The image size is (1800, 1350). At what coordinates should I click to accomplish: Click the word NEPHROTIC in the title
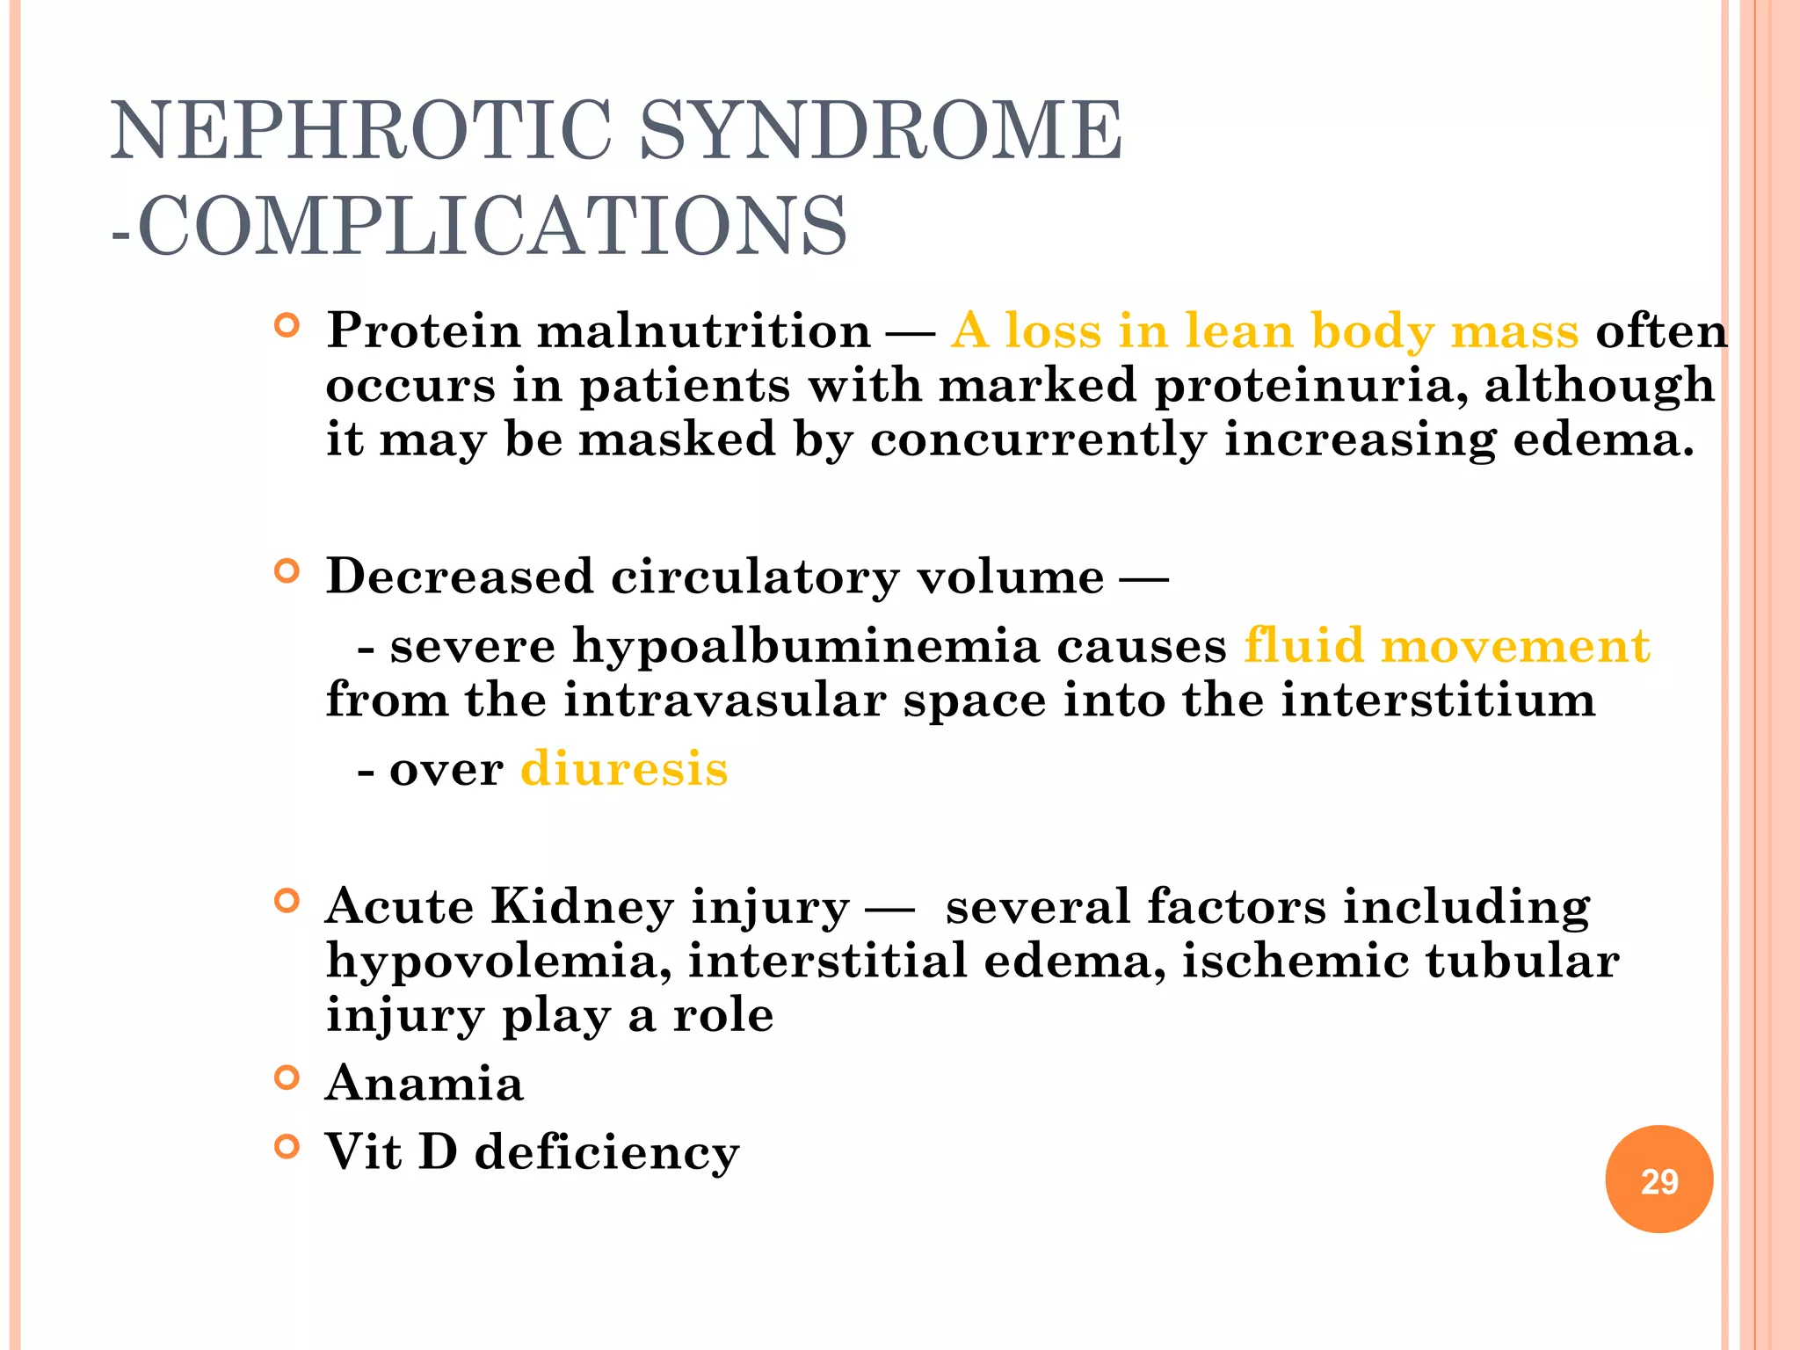(x=361, y=132)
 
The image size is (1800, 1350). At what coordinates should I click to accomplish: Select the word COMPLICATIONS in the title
(x=492, y=226)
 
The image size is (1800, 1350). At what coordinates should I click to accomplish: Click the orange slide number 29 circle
(x=1658, y=1179)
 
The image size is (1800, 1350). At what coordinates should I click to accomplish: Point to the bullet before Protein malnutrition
(x=287, y=327)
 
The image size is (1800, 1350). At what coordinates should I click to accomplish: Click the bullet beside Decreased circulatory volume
(x=287, y=572)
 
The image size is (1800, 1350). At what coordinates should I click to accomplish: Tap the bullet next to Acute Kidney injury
(x=287, y=902)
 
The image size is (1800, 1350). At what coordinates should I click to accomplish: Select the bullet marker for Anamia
(x=287, y=1078)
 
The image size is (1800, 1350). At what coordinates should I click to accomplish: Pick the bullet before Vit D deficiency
(x=287, y=1146)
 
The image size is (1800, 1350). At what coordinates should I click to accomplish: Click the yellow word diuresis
(x=624, y=769)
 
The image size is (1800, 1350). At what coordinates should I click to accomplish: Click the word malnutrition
(x=704, y=331)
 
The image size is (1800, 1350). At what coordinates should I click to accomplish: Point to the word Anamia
(x=425, y=1083)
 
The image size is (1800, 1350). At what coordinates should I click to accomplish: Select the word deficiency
(x=607, y=1152)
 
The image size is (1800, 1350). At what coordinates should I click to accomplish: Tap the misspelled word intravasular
(x=725, y=700)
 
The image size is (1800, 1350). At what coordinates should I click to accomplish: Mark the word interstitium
(x=1438, y=700)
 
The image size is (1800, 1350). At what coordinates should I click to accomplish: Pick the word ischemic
(x=1296, y=961)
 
